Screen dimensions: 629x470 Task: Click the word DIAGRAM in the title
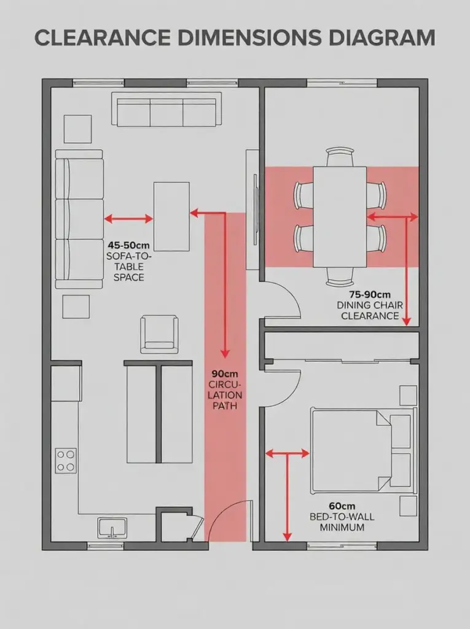click(x=376, y=37)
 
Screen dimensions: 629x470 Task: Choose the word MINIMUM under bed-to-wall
click(x=337, y=527)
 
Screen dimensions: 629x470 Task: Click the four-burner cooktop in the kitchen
click(x=66, y=461)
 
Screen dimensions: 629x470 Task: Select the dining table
click(x=340, y=217)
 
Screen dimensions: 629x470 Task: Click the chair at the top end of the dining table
click(x=340, y=157)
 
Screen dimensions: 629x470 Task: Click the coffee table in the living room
click(x=171, y=216)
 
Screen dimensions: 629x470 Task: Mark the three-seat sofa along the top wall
click(x=166, y=109)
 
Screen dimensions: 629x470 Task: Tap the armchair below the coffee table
click(x=160, y=334)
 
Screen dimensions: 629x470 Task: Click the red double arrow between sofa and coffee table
click(x=128, y=218)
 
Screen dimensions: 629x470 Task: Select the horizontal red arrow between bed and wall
click(x=287, y=453)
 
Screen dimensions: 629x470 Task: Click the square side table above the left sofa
click(x=77, y=129)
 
